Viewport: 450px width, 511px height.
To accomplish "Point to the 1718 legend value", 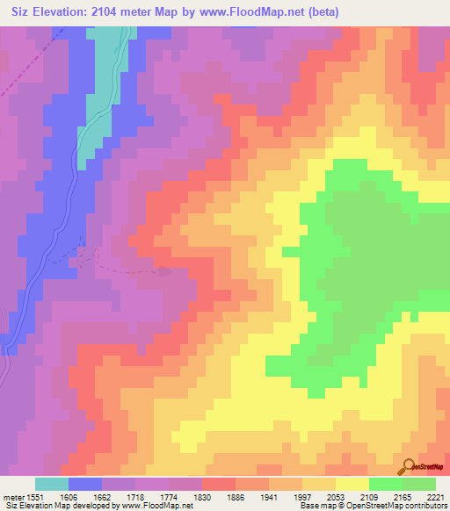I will point(134,496).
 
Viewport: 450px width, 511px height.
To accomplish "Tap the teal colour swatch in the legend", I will point(51,484).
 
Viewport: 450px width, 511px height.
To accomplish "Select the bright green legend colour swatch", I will point(385,484).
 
